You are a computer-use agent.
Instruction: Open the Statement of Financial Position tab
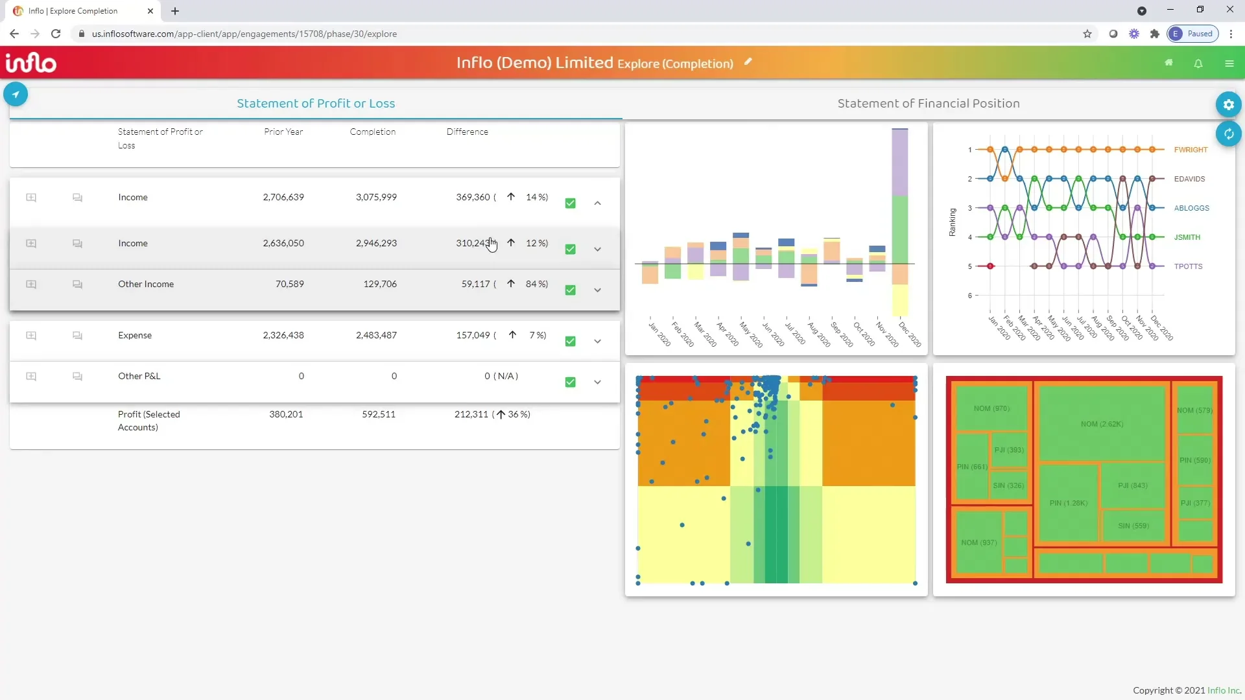tap(928, 104)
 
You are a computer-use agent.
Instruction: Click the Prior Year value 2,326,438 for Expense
tap(283, 335)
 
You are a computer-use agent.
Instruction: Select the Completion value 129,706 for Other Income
tap(380, 284)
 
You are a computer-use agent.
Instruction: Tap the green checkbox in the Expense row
tap(570, 341)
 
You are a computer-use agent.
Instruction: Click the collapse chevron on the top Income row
tap(597, 203)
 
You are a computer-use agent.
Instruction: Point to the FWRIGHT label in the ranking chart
tap(1191, 150)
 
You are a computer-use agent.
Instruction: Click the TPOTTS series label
tap(1188, 266)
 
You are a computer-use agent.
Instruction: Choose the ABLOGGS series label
tap(1191, 208)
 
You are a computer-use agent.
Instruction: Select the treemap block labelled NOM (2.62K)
tap(1102, 424)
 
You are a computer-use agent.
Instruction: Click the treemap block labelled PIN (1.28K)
tap(1068, 503)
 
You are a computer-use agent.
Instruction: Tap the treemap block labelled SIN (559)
tap(1133, 526)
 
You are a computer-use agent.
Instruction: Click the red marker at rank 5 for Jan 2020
tap(990, 266)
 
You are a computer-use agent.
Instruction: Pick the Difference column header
tap(467, 132)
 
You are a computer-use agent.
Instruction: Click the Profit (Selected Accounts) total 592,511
tap(378, 414)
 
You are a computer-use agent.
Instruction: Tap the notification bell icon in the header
tap(1198, 64)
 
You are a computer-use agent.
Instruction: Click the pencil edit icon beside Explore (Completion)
tap(748, 62)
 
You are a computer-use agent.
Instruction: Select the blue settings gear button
tap(1228, 104)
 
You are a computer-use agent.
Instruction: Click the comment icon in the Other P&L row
tap(77, 377)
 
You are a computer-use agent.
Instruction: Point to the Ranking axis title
tap(952, 222)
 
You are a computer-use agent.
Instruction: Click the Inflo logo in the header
tap(30, 63)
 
